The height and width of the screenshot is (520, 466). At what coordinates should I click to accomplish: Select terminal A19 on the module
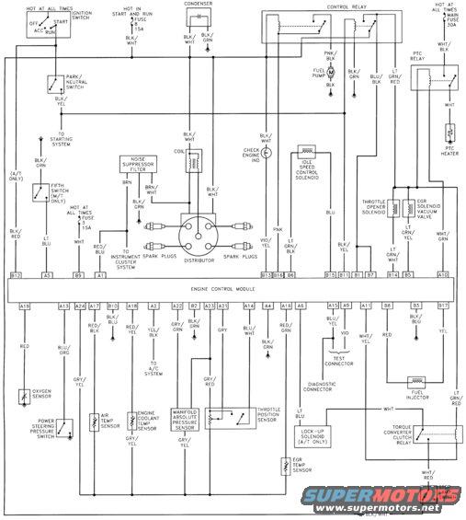24,305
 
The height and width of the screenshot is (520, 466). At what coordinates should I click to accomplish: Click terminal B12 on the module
15,274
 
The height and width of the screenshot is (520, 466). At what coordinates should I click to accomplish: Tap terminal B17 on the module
443,305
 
